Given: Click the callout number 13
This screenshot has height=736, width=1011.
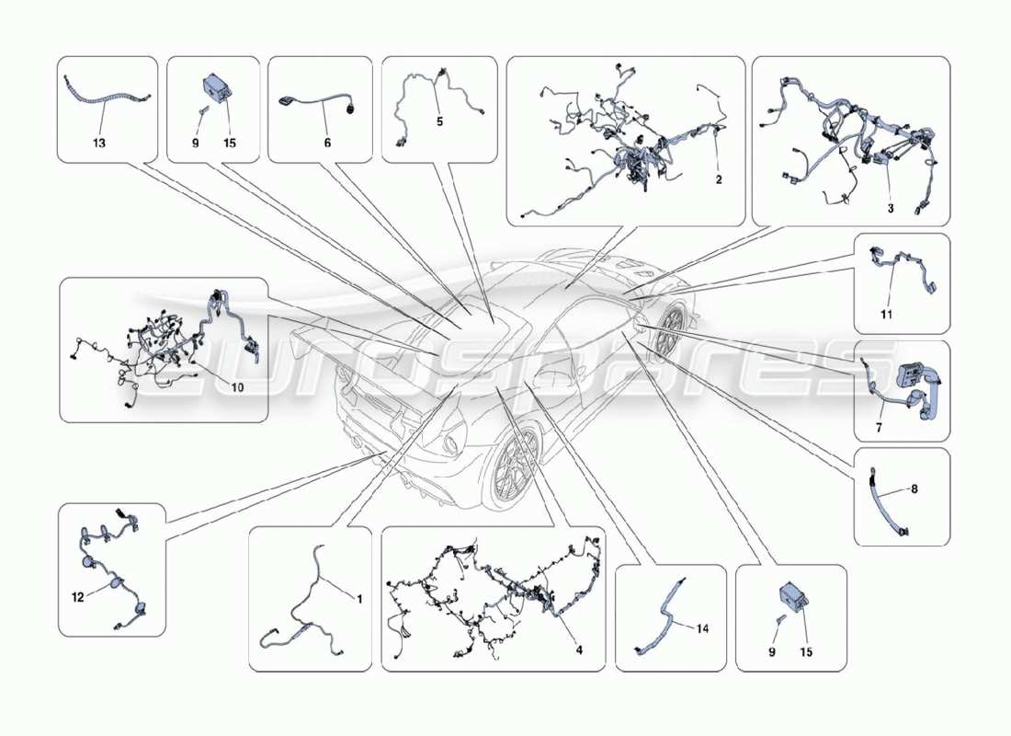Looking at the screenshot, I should [x=99, y=144].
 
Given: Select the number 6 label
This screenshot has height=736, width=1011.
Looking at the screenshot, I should [x=327, y=144].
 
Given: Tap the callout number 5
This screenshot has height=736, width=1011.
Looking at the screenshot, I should [x=439, y=121].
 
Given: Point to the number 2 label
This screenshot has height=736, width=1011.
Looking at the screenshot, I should [x=719, y=179].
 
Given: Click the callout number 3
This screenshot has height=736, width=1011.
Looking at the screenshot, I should [x=890, y=209].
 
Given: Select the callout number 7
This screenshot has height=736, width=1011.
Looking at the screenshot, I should [x=878, y=428].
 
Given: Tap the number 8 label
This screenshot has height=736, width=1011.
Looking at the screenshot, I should [x=914, y=489].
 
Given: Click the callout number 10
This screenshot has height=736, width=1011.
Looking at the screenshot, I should [x=236, y=387].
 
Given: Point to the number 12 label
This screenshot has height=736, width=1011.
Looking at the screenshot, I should [x=78, y=597].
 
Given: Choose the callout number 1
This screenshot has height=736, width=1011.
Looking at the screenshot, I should [x=359, y=599].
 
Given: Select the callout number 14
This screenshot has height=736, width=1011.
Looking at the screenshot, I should [x=702, y=628].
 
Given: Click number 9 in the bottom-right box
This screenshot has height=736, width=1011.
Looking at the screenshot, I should [x=772, y=651].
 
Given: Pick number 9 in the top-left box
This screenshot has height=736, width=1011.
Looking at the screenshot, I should [x=195, y=144].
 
